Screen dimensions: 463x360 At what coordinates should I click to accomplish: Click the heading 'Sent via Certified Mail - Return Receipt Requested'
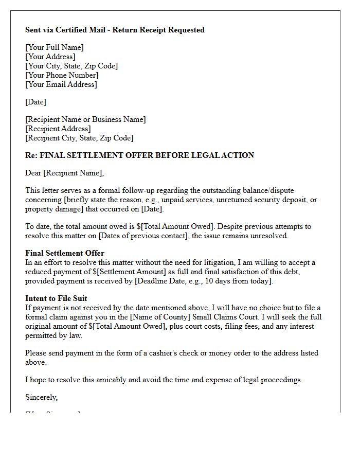tap(115, 30)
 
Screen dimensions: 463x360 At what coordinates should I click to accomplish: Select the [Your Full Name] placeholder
tap(55, 47)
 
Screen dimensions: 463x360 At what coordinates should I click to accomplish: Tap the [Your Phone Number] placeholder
tap(62, 75)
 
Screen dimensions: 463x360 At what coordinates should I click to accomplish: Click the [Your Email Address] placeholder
tap(61, 84)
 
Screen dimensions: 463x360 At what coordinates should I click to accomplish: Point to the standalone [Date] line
tap(35, 102)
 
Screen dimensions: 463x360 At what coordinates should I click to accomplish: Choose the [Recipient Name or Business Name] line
tap(85, 119)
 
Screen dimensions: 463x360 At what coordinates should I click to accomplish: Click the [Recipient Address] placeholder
tap(58, 129)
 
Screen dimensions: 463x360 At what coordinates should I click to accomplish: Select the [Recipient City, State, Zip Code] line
tap(79, 138)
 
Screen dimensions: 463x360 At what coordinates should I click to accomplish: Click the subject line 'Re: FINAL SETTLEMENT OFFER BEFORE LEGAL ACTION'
tap(139, 155)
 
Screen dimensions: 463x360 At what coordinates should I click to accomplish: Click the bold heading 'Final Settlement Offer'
tap(65, 253)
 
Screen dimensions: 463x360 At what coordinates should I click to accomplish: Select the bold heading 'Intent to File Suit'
tap(56, 298)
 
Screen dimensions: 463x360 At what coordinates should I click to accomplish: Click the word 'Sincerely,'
tap(42, 397)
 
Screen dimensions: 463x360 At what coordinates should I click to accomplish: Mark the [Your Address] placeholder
tap(50, 57)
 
